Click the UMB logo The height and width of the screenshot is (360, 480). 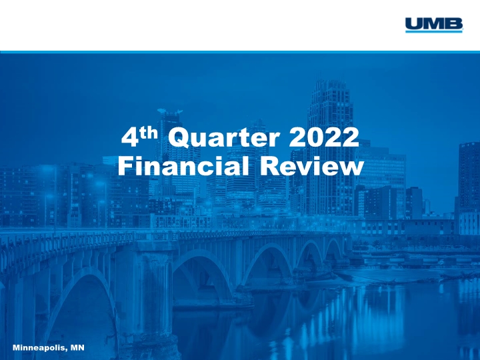coord(434,25)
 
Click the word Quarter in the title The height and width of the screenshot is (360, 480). coord(224,138)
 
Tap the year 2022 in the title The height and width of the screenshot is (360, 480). coord(324,137)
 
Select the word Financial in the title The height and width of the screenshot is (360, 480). coord(183,165)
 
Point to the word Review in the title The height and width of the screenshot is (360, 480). coord(312,165)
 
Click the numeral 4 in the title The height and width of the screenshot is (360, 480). coord(130,137)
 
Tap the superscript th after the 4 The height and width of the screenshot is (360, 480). coord(149,133)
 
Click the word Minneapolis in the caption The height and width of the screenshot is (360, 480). coord(38,348)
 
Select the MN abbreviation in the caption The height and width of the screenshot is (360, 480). coord(77,348)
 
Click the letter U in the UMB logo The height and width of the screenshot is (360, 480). coord(414,23)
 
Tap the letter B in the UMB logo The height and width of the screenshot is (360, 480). coord(453,23)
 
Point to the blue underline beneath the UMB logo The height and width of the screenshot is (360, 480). coord(434,31)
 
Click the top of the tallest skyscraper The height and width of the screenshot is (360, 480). coord(329,82)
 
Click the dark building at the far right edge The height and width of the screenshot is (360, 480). coord(469,177)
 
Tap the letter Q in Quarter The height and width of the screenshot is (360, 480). coord(179,138)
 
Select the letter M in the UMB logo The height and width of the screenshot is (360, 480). coord(434,23)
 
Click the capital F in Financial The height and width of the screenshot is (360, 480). coord(125,165)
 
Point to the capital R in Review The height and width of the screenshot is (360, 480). coord(269,165)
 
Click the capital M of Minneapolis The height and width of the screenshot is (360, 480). coord(17,348)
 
